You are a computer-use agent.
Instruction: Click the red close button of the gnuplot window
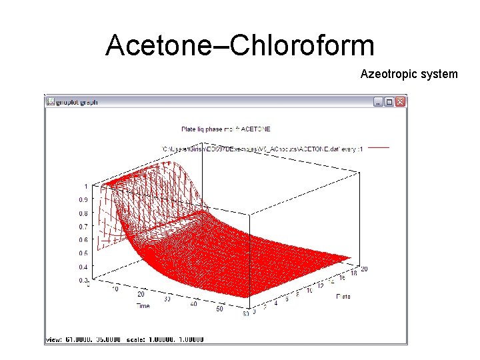(x=400, y=102)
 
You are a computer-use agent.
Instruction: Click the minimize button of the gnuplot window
(x=379, y=102)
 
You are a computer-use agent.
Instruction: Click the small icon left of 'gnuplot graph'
(x=50, y=102)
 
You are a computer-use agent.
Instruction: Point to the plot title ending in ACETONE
(x=225, y=129)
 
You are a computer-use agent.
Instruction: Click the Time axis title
(x=143, y=306)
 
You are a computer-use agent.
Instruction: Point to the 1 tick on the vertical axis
(x=85, y=186)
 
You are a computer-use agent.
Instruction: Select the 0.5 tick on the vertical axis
(x=83, y=253)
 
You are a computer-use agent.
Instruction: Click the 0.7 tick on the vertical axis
(x=83, y=227)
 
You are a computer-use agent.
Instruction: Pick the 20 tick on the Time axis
(x=141, y=294)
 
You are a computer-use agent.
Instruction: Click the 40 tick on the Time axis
(x=194, y=304)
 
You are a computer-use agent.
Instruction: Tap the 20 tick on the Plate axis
(x=364, y=269)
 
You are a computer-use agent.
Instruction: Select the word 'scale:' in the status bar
(x=134, y=339)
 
